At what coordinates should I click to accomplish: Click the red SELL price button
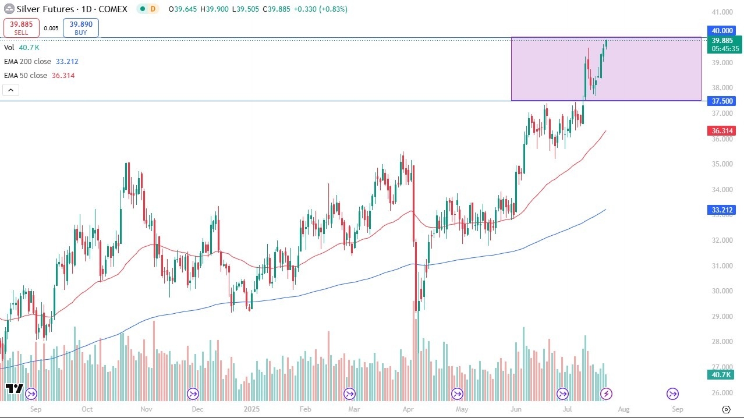pos(22,28)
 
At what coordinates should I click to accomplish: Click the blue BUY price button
pos(81,28)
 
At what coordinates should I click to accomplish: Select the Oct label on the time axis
pos(87,409)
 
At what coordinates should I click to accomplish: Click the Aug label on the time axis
pos(623,409)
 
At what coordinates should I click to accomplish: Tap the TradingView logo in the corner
pos(14,388)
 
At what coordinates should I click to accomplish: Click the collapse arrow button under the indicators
pos(11,90)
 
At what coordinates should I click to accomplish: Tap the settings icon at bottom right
pos(726,409)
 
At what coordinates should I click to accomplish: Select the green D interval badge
pos(153,9)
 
